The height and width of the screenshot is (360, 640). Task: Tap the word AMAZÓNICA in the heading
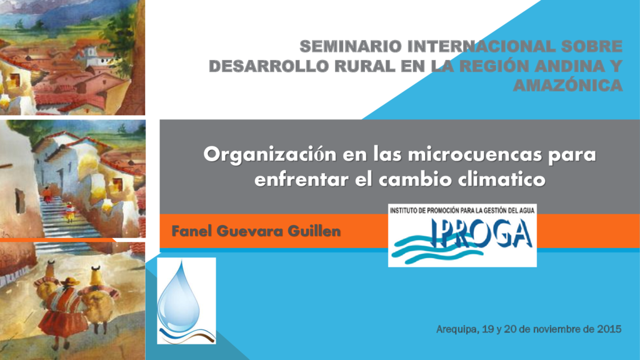point(567,85)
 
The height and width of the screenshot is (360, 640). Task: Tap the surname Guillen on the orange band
point(314,231)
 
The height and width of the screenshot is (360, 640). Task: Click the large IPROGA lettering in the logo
point(482,233)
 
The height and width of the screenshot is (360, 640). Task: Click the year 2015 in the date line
point(609,329)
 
